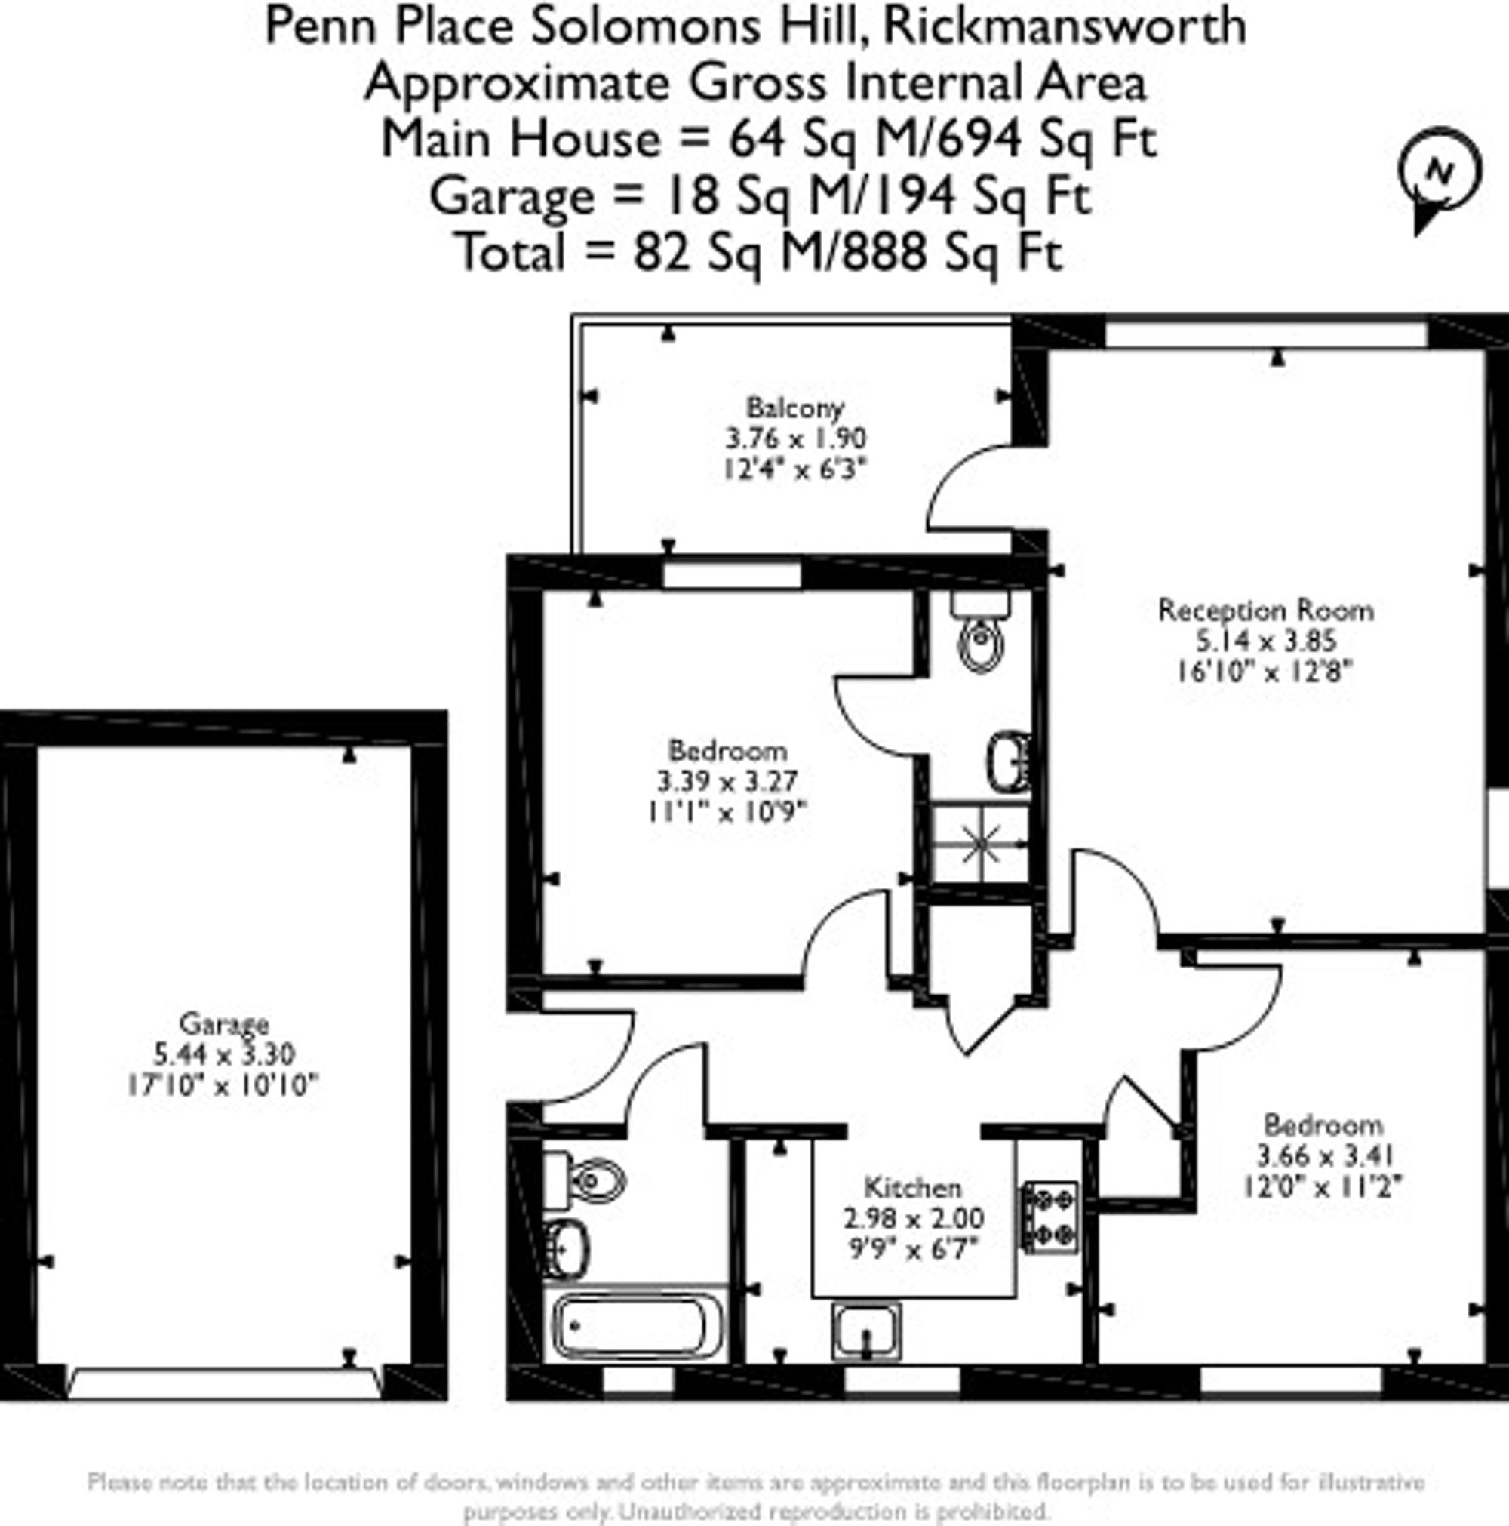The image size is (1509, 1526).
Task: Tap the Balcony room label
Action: pyautogui.click(x=795, y=408)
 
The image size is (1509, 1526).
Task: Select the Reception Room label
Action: pyautogui.click(x=1266, y=610)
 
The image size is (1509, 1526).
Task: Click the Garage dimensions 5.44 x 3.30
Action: pyautogui.click(x=224, y=1054)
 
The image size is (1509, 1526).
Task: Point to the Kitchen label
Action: pyautogui.click(x=913, y=1187)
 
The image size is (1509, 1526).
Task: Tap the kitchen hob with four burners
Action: pyautogui.click(x=1050, y=1217)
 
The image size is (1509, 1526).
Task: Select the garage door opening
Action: pyautogui.click(x=224, y=1383)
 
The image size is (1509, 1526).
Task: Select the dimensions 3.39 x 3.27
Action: pyautogui.click(x=727, y=780)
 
